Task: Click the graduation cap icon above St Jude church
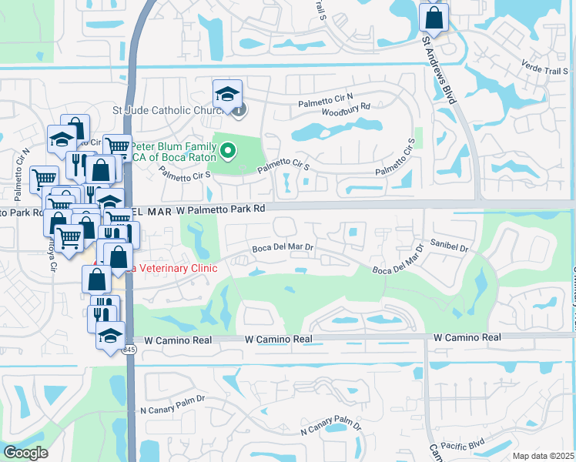(227, 94)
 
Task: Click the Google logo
(26, 453)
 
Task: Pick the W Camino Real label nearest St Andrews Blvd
(467, 337)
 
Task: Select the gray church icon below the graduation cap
(239, 110)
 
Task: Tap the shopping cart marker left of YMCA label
(116, 146)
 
